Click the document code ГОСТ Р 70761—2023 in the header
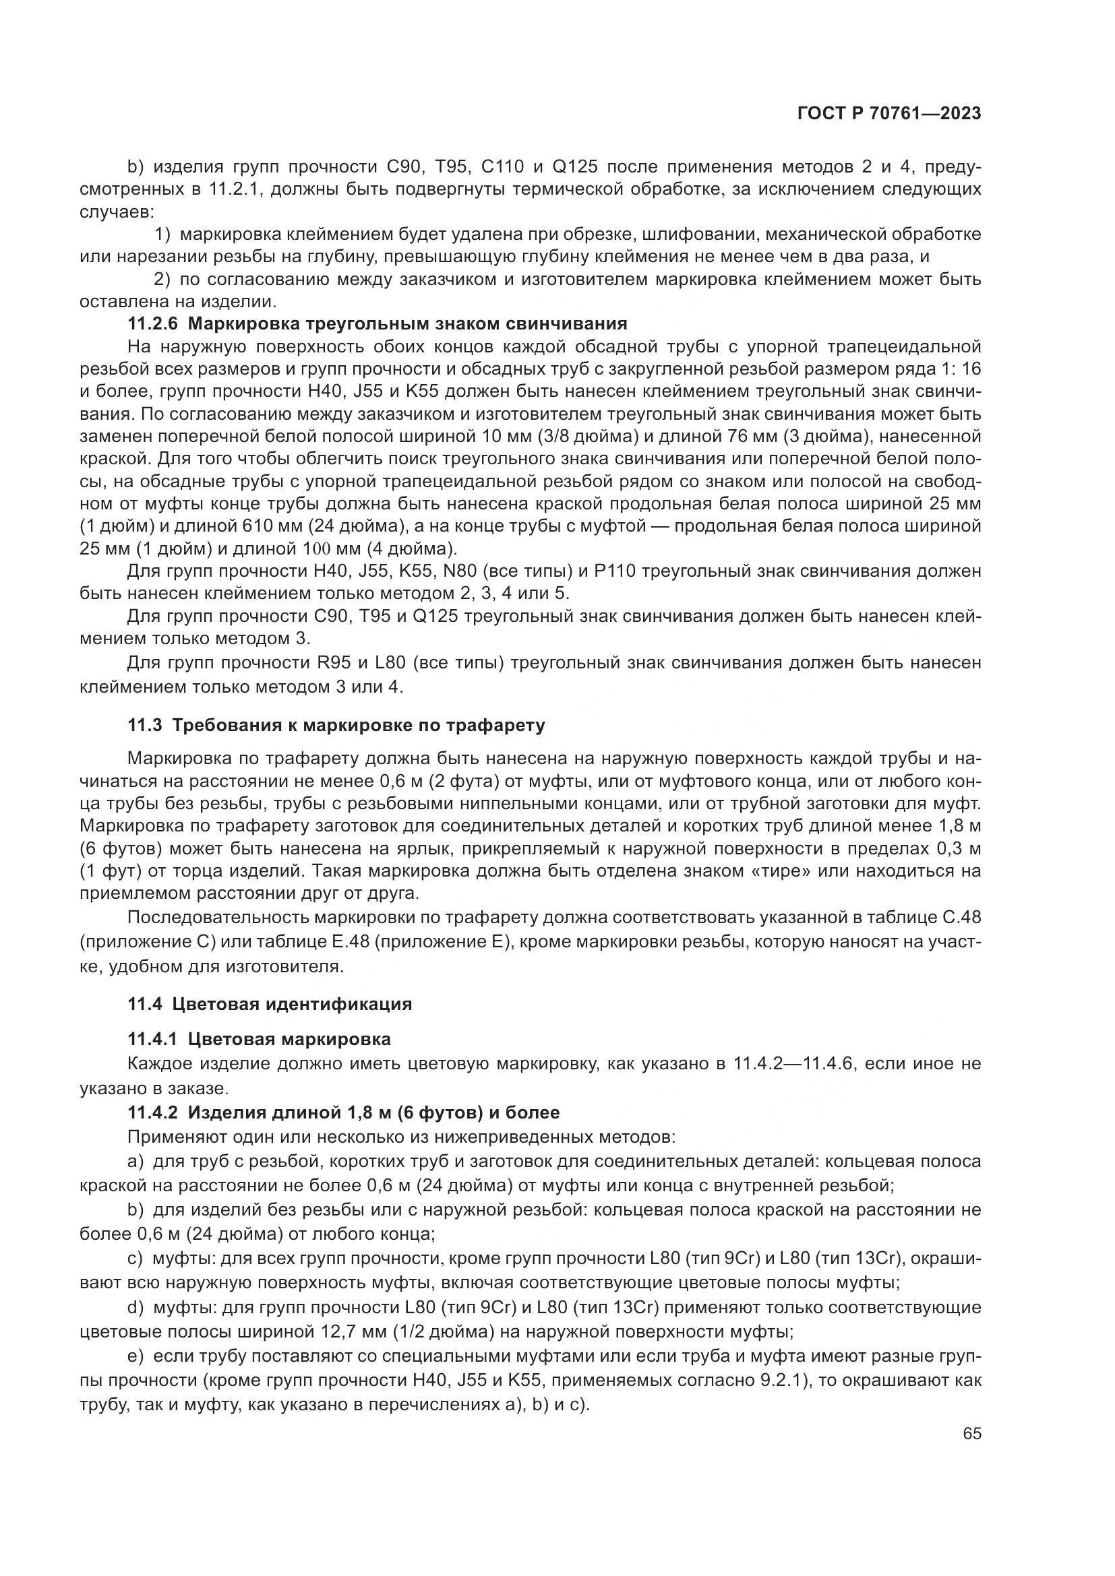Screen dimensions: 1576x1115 (x=889, y=114)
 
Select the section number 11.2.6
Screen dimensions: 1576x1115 (x=152, y=324)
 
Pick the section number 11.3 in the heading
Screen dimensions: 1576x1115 (x=145, y=726)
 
